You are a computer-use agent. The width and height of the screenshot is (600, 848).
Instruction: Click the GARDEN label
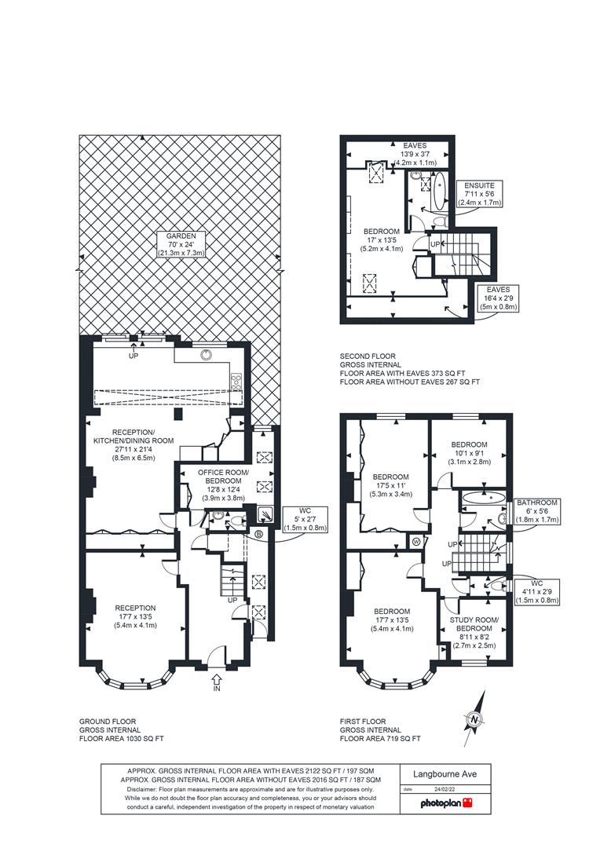point(181,244)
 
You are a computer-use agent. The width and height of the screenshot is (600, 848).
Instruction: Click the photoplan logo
point(446,802)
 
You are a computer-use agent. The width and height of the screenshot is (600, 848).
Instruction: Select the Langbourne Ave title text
point(445,774)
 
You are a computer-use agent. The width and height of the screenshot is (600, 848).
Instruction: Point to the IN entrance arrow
point(217,683)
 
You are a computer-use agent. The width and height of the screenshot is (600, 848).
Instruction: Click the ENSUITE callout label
point(479,194)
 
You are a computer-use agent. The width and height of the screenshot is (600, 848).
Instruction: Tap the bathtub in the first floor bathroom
point(484,498)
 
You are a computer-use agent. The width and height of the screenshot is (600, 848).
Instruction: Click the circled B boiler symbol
point(258,535)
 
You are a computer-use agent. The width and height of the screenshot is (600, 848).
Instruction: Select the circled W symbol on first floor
point(416,541)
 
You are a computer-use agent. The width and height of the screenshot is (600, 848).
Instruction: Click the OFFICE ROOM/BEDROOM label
point(223,485)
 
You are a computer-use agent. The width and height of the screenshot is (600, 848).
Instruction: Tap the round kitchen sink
point(206,354)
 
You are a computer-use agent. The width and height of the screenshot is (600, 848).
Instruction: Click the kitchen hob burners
point(236,382)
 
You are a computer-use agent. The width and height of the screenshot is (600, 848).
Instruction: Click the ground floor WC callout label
point(305,518)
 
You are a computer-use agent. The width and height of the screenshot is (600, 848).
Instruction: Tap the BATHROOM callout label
point(536,511)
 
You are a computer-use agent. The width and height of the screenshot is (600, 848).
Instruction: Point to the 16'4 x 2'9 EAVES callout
point(498,298)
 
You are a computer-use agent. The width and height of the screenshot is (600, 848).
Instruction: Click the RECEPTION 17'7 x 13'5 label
point(135,616)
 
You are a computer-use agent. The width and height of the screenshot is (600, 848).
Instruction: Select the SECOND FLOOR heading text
point(368,356)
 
